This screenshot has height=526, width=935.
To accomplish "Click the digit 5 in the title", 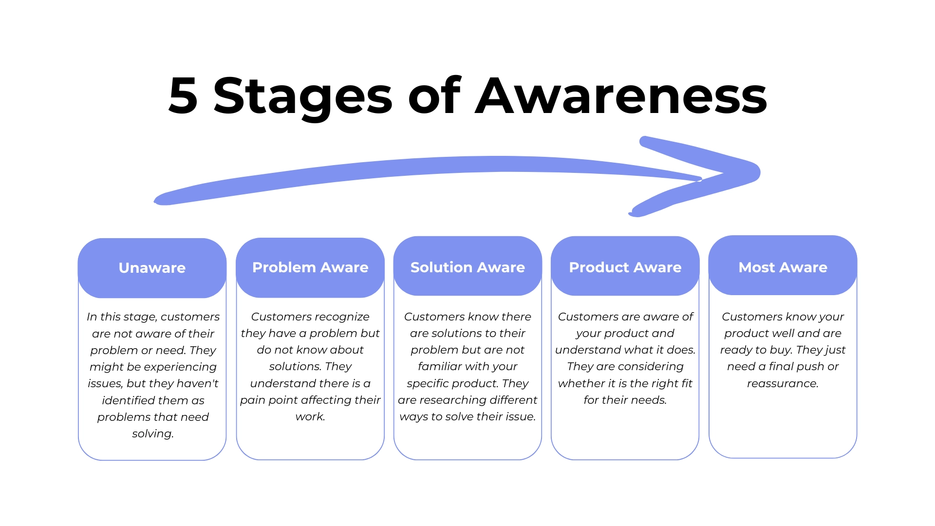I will (183, 96).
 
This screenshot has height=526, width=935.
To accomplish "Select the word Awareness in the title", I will (621, 96).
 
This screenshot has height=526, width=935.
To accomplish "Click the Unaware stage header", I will (152, 268).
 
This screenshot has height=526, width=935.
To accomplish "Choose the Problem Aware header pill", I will (310, 267).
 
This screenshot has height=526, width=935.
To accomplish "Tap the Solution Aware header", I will (467, 267).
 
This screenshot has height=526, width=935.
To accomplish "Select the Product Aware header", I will (625, 267).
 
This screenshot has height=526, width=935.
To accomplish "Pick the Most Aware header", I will (783, 267).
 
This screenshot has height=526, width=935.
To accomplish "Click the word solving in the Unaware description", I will (152, 433).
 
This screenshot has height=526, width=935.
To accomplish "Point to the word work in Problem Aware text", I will (309, 417).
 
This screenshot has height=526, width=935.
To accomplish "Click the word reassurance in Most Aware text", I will (782, 383).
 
